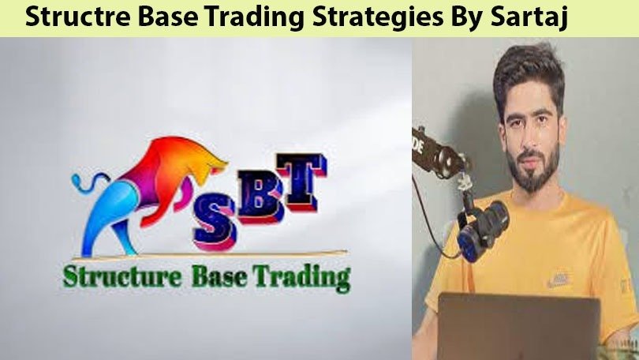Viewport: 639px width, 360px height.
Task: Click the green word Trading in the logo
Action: pyautogui.click(x=307, y=279)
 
